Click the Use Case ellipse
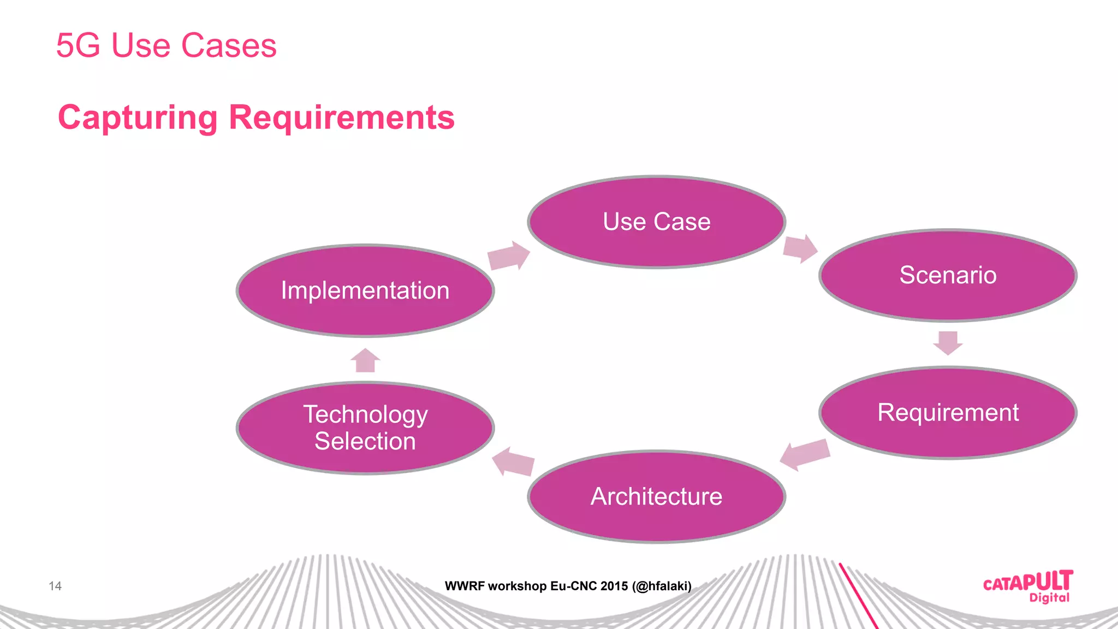(x=656, y=222)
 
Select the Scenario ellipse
(x=948, y=275)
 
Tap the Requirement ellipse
(x=948, y=413)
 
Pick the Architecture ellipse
(x=656, y=496)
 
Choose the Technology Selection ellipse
(x=365, y=428)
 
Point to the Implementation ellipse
(x=365, y=290)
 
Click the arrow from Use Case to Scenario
(x=800, y=248)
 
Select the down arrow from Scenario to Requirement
(x=948, y=343)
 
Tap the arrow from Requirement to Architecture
(x=805, y=454)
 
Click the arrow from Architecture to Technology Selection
(x=513, y=462)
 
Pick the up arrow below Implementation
(x=365, y=360)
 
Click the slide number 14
(x=55, y=586)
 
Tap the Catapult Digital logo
(x=1027, y=586)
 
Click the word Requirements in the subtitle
(x=341, y=117)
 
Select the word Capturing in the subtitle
(x=138, y=117)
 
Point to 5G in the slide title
(x=78, y=45)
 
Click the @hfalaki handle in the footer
(x=662, y=586)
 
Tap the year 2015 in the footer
(x=614, y=586)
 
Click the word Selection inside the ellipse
(x=365, y=441)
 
